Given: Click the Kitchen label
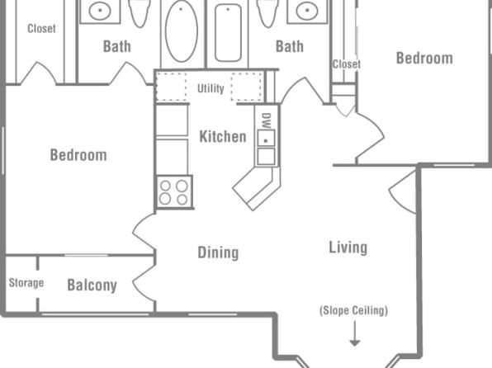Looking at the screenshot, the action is coord(223,137).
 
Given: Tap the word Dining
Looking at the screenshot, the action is coord(218,252).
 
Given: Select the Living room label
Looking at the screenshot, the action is coord(348,248).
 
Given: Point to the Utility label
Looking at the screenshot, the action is coord(211,88).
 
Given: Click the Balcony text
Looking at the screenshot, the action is coord(92,285).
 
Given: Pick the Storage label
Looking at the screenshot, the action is coord(26,283).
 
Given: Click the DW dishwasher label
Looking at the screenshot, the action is coord(266,120).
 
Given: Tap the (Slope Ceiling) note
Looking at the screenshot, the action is coord(353,310).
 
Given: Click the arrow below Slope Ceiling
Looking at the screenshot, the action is coord(355,333).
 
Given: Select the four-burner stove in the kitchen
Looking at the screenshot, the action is coord(174,192).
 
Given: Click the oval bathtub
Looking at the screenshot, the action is coord(182,31).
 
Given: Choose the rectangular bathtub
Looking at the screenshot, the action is coord(228,33).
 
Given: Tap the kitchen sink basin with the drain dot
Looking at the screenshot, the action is coord(266,138).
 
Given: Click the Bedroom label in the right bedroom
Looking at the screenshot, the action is coord(424,59).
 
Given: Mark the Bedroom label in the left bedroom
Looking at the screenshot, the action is coord(78,155).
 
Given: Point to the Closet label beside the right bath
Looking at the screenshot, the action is coord(347,64).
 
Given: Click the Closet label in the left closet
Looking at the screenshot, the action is coord(41,29).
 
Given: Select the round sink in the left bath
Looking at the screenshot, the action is coord(100,11).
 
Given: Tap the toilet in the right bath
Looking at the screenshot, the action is coord(267,12).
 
